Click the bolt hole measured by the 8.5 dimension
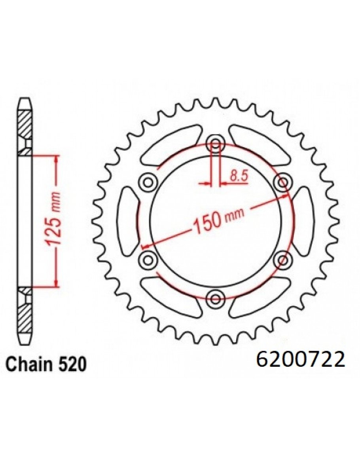215,144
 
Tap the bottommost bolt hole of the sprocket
215,298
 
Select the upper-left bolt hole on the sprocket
149,182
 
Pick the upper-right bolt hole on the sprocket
282,182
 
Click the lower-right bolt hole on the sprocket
282,260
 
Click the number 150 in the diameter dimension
207,223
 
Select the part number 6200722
301,360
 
